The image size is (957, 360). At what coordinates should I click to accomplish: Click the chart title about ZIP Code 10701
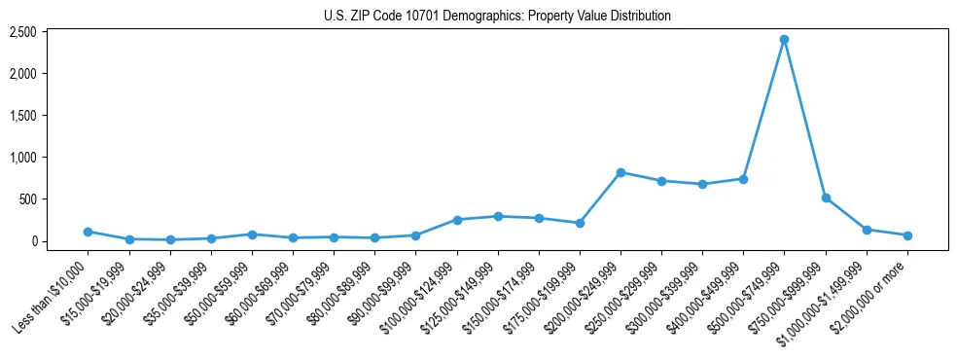point(497,16)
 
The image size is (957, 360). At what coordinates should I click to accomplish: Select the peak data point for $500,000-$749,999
point(784,40)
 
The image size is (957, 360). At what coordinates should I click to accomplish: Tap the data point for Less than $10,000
point(88,232)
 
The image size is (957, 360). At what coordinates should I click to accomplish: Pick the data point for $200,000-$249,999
point(620,172)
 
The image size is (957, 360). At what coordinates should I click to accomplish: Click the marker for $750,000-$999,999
point(826,198)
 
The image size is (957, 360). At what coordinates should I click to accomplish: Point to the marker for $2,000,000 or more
point(907,235)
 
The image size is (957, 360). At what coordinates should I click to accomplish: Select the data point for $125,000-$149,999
point(498,216)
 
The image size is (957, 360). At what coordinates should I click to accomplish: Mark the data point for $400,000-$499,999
point(743,179)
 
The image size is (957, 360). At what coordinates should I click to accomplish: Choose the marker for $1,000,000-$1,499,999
point(867,230)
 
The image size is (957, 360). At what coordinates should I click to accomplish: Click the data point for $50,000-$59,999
point(252,234)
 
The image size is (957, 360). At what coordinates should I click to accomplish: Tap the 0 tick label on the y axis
point(59,241)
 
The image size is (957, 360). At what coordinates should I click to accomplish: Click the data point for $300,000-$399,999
point(702,184)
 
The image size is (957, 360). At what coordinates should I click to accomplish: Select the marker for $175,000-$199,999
point(580,223)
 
